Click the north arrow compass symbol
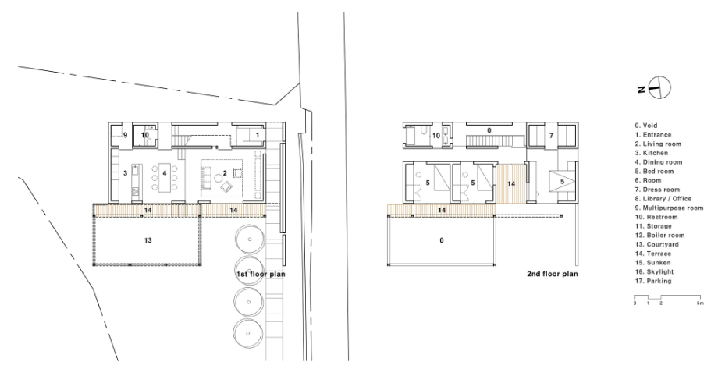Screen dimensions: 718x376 coord(659,87)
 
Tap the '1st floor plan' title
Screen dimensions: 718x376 coord(261,274)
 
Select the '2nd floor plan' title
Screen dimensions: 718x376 coord(553,274)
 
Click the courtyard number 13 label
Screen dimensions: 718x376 coord(148,240)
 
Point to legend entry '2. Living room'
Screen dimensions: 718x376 coord(658,144)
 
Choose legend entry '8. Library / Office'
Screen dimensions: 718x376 coord(663,199)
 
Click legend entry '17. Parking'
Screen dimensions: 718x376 coord(653,281)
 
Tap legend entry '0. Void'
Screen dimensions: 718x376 coord(646,126)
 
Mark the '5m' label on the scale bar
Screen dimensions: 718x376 coord(701,303)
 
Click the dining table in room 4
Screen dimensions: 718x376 coord(165,177)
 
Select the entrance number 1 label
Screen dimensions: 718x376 coord(258,135)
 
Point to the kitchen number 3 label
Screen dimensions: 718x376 coord(125,173)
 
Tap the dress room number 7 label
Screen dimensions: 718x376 coord(551,136)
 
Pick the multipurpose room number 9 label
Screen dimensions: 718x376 coord(125,135)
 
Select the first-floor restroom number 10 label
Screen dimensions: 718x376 coord(144,135)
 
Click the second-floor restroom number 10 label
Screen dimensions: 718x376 coord(436,136)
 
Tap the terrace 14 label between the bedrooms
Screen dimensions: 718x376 coord(511,183)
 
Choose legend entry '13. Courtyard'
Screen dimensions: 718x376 coord(656,245)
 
